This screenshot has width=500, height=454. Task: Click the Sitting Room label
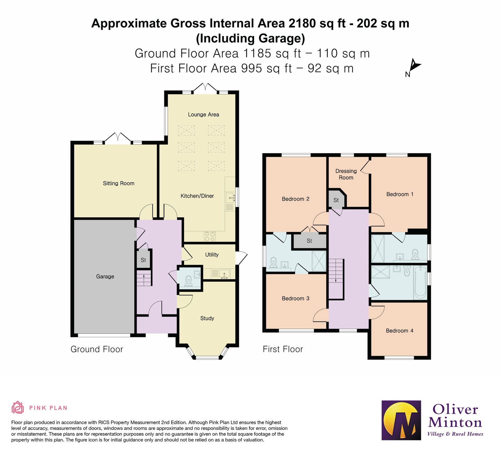click(118, 183)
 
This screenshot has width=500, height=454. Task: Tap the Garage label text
click(105, 276)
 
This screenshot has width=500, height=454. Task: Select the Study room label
click(207, 318)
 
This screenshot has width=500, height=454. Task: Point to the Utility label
click(212, 255)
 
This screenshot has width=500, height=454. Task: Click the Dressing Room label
click(346, 174)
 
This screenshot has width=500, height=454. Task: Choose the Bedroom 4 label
click(399, 331)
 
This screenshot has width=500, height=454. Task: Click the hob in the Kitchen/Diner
click(210, 236)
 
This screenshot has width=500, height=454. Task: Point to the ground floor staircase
click(144, 278)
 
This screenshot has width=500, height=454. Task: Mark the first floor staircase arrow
click(336, 271)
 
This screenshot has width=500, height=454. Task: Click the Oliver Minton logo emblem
click(401, 420)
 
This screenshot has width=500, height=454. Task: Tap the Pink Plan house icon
click(17, 408)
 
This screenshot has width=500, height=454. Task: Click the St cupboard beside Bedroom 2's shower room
click(309, 241)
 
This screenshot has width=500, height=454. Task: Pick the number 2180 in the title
click(302, 23)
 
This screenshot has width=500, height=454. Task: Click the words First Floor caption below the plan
click(283, 349)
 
